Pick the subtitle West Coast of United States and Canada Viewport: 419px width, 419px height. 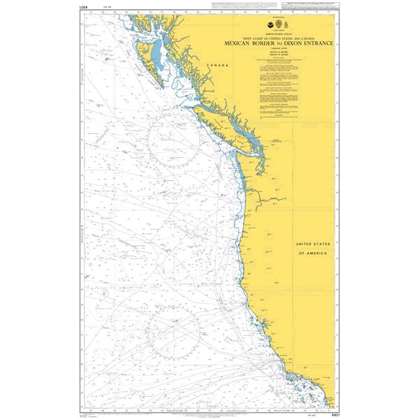(279, 38)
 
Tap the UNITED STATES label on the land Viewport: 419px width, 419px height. (314, 244)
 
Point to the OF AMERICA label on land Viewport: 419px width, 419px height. (314, 253)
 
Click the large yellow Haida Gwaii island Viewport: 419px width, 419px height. (145, 54)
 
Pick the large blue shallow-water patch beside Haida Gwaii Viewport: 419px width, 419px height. (161, 56)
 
